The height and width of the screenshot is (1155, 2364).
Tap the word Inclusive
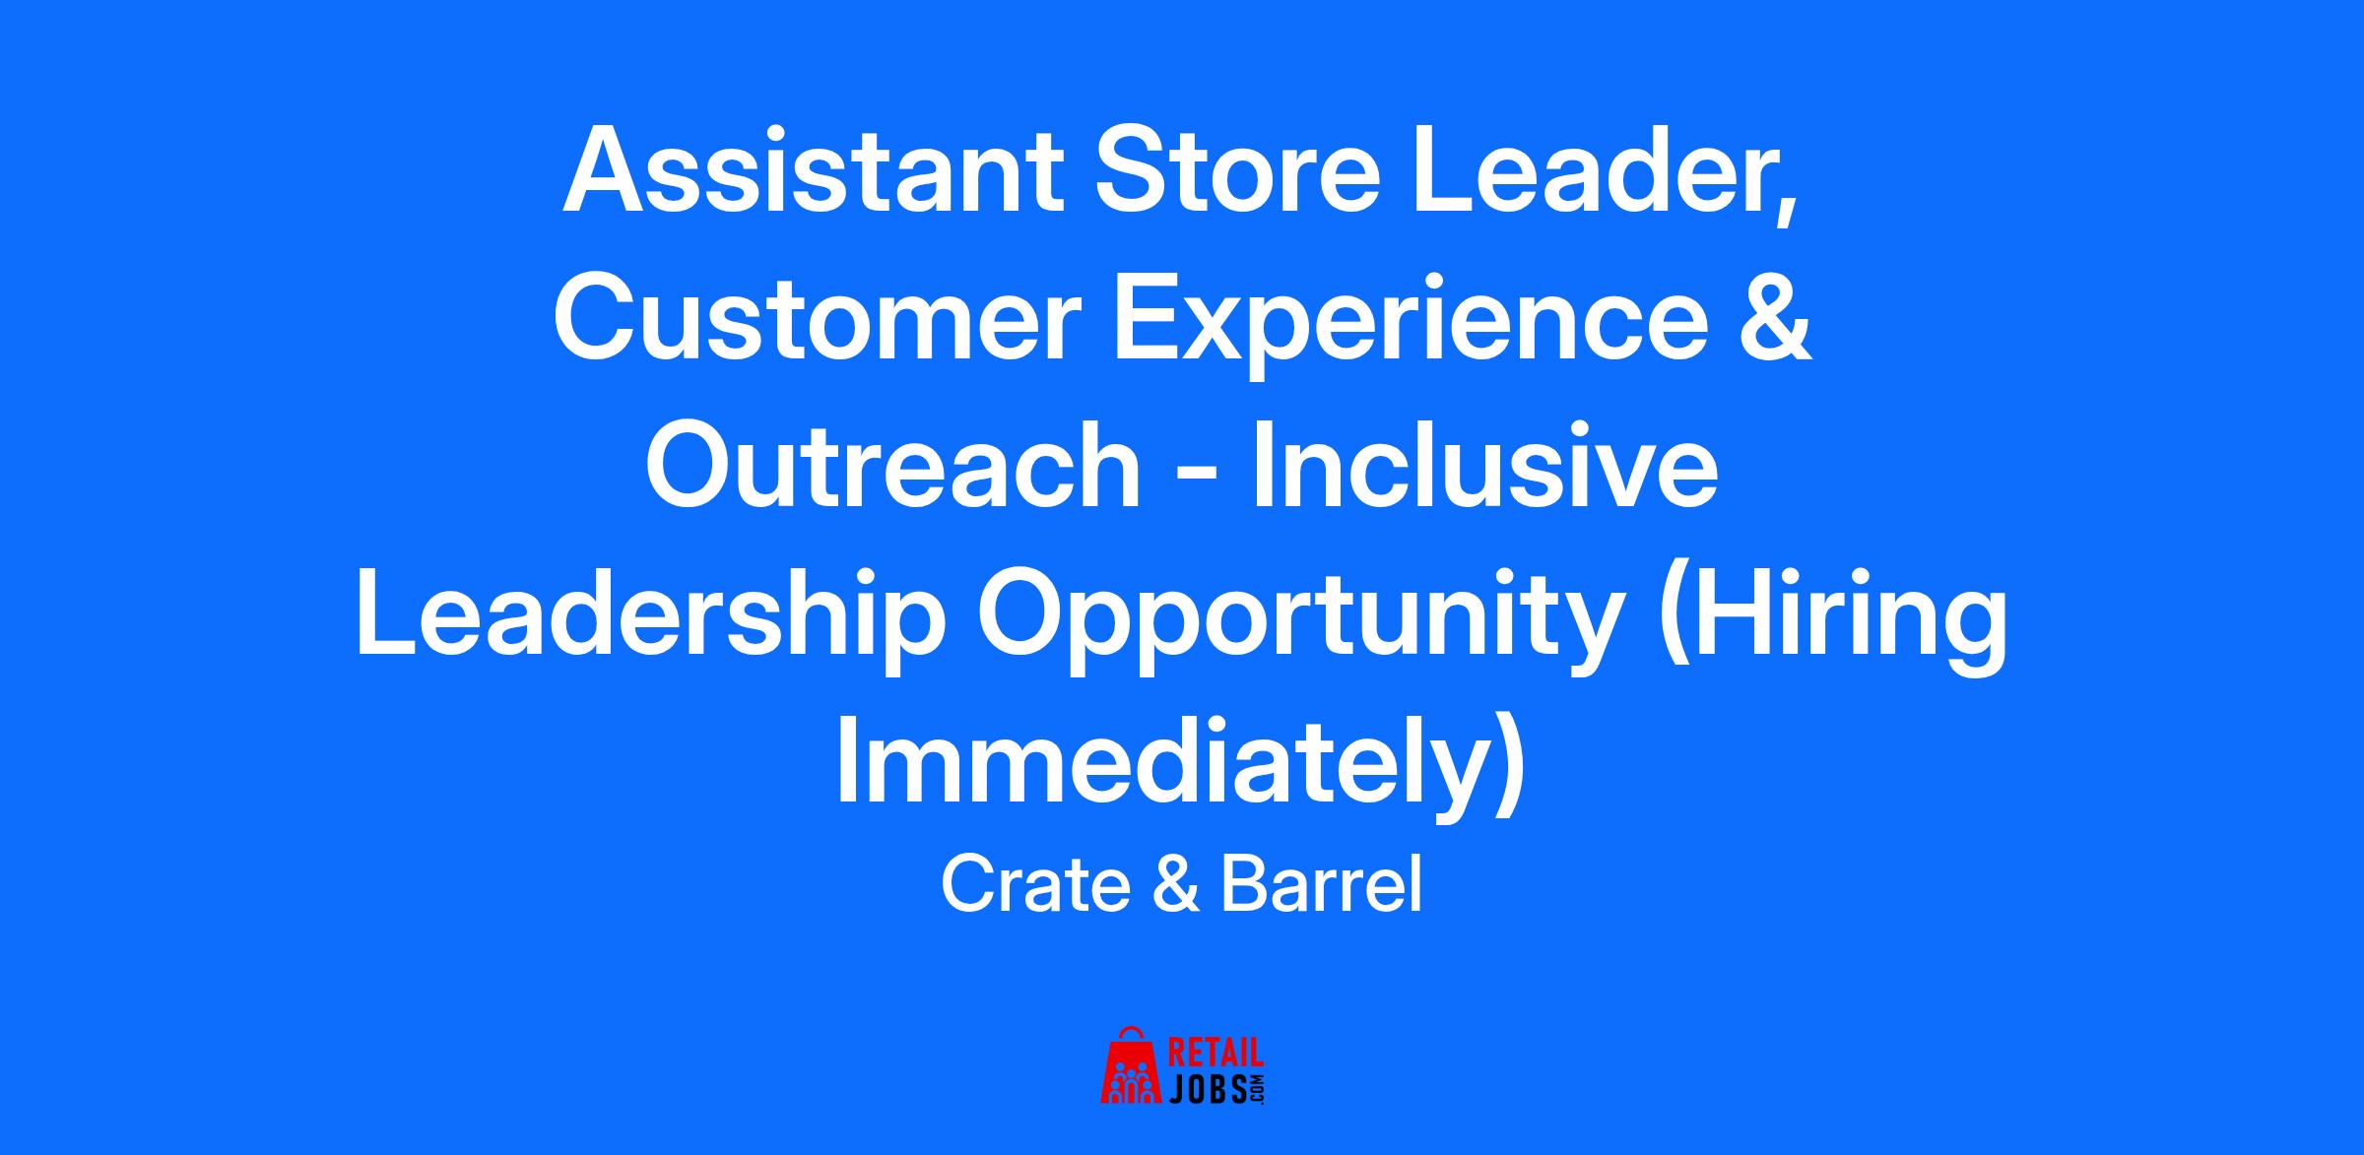click(1486, 466)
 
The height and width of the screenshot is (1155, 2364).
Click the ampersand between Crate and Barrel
click(1176, 884)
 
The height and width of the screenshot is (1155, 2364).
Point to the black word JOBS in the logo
click(1208, 1087)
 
